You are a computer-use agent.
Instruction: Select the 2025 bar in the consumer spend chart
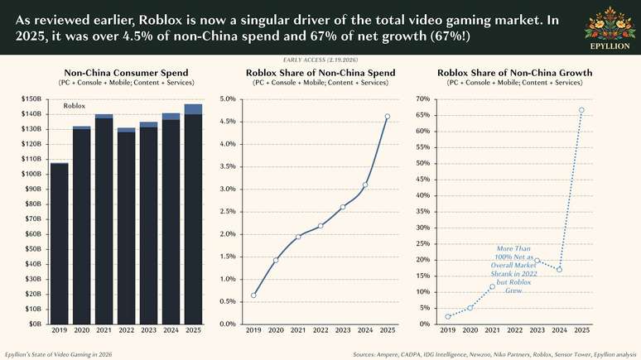point(192,215)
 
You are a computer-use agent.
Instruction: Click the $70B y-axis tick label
point(34,218)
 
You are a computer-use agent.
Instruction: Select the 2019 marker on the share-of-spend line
point(253,295)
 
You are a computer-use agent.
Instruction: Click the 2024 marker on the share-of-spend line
point(365,185)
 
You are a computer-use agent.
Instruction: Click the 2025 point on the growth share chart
point(582,110)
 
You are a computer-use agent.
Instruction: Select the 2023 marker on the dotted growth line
point(537,261)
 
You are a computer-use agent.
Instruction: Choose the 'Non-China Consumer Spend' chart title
point(127,73)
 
